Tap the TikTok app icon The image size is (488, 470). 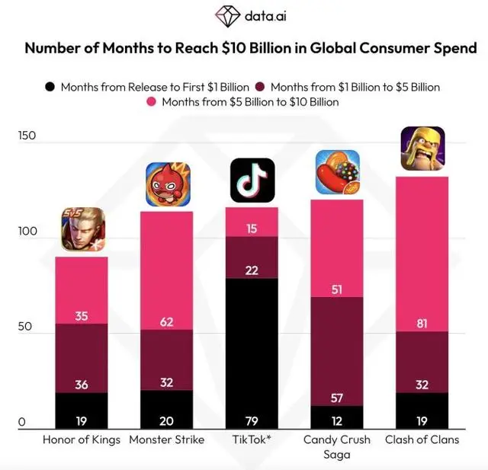click(x=252, y=180)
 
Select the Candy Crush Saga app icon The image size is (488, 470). click(x=337, y=172)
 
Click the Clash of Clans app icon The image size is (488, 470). click(x=422, y=149)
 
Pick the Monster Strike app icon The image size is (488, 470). click(x=167, y=184)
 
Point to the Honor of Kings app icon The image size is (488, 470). click(x=82, y=229)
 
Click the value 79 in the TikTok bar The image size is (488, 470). click(x=252, y=420)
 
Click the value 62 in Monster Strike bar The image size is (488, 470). click(x=167, y=321)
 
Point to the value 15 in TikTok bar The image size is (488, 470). click(x=252, y=229)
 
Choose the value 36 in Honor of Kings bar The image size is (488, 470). click(x=82, y=385)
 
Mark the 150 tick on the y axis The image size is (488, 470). click(x=27, y=136)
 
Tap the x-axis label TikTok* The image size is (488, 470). click(x=252, y=440)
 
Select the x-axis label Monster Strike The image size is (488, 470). click(x=167, y=440)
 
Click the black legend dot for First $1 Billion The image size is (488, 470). click(x=50, y=87)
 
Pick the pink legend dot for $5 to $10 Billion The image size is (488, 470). click(x=150, y=101)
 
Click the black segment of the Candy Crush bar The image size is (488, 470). click(x=337, y=417)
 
